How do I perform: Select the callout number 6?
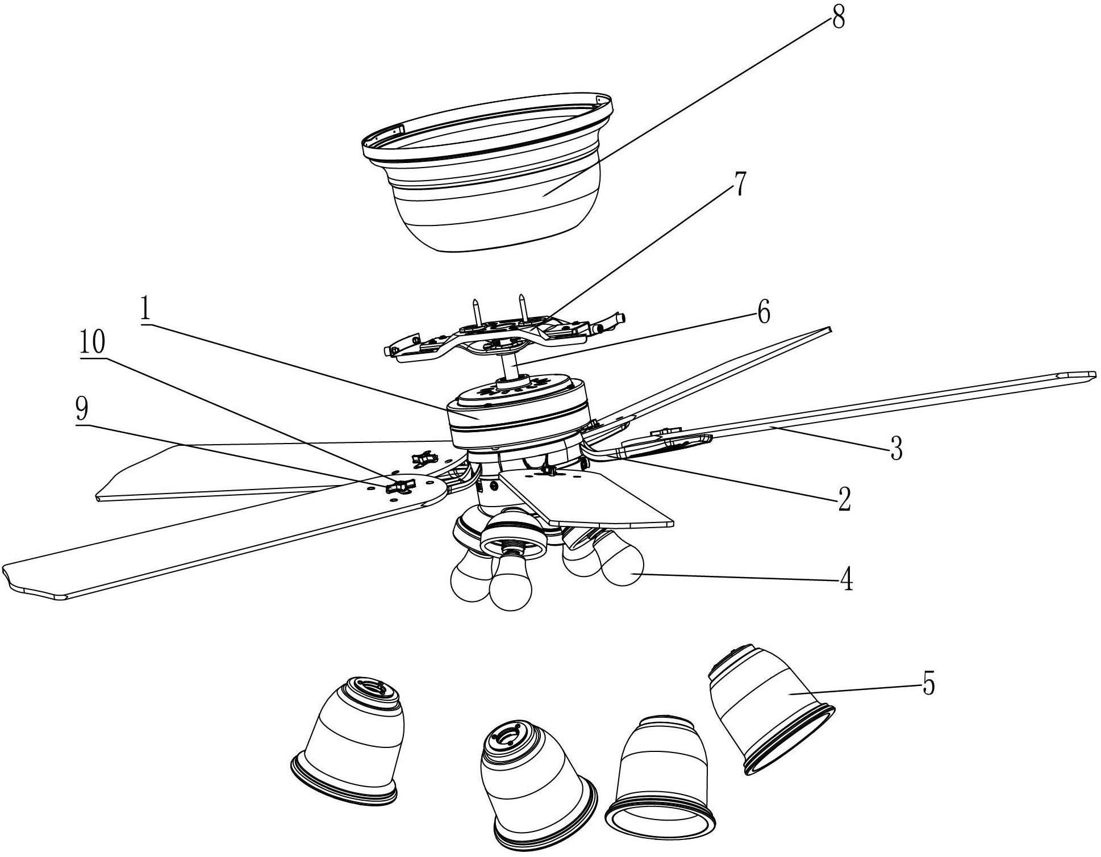pyautogui.click(x=763, y=313)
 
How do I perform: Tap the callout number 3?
pyautogui.click(x=896, y=448)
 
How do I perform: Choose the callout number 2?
pyautogui.click(x=844, y=499)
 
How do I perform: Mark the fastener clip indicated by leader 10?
pyautogui.click(x=399, y=487)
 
